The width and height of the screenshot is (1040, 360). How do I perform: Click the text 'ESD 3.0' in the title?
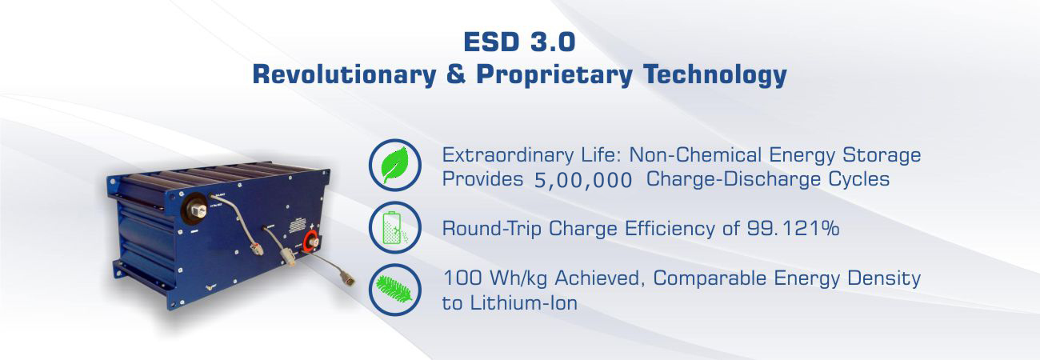519,42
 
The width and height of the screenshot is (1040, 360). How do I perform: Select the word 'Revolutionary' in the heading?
344,74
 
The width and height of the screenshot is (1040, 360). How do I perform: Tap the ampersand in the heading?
456,74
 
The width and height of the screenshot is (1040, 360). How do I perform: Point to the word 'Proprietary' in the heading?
554,74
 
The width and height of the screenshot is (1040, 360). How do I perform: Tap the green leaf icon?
394,165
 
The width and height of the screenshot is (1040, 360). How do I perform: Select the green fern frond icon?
394,289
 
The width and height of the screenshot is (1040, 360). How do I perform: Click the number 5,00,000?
583,180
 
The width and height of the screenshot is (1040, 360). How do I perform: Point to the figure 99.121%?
793,228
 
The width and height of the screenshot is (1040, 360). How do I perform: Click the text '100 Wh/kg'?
495,278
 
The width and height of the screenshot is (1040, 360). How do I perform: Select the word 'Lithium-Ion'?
524,303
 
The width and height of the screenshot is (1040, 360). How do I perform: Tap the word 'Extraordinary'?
508,155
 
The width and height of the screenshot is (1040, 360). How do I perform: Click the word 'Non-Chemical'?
695,154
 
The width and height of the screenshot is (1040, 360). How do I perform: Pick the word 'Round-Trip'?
492,229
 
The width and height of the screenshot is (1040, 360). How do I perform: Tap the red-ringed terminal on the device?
310,242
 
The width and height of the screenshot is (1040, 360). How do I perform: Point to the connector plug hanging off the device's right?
347,278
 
